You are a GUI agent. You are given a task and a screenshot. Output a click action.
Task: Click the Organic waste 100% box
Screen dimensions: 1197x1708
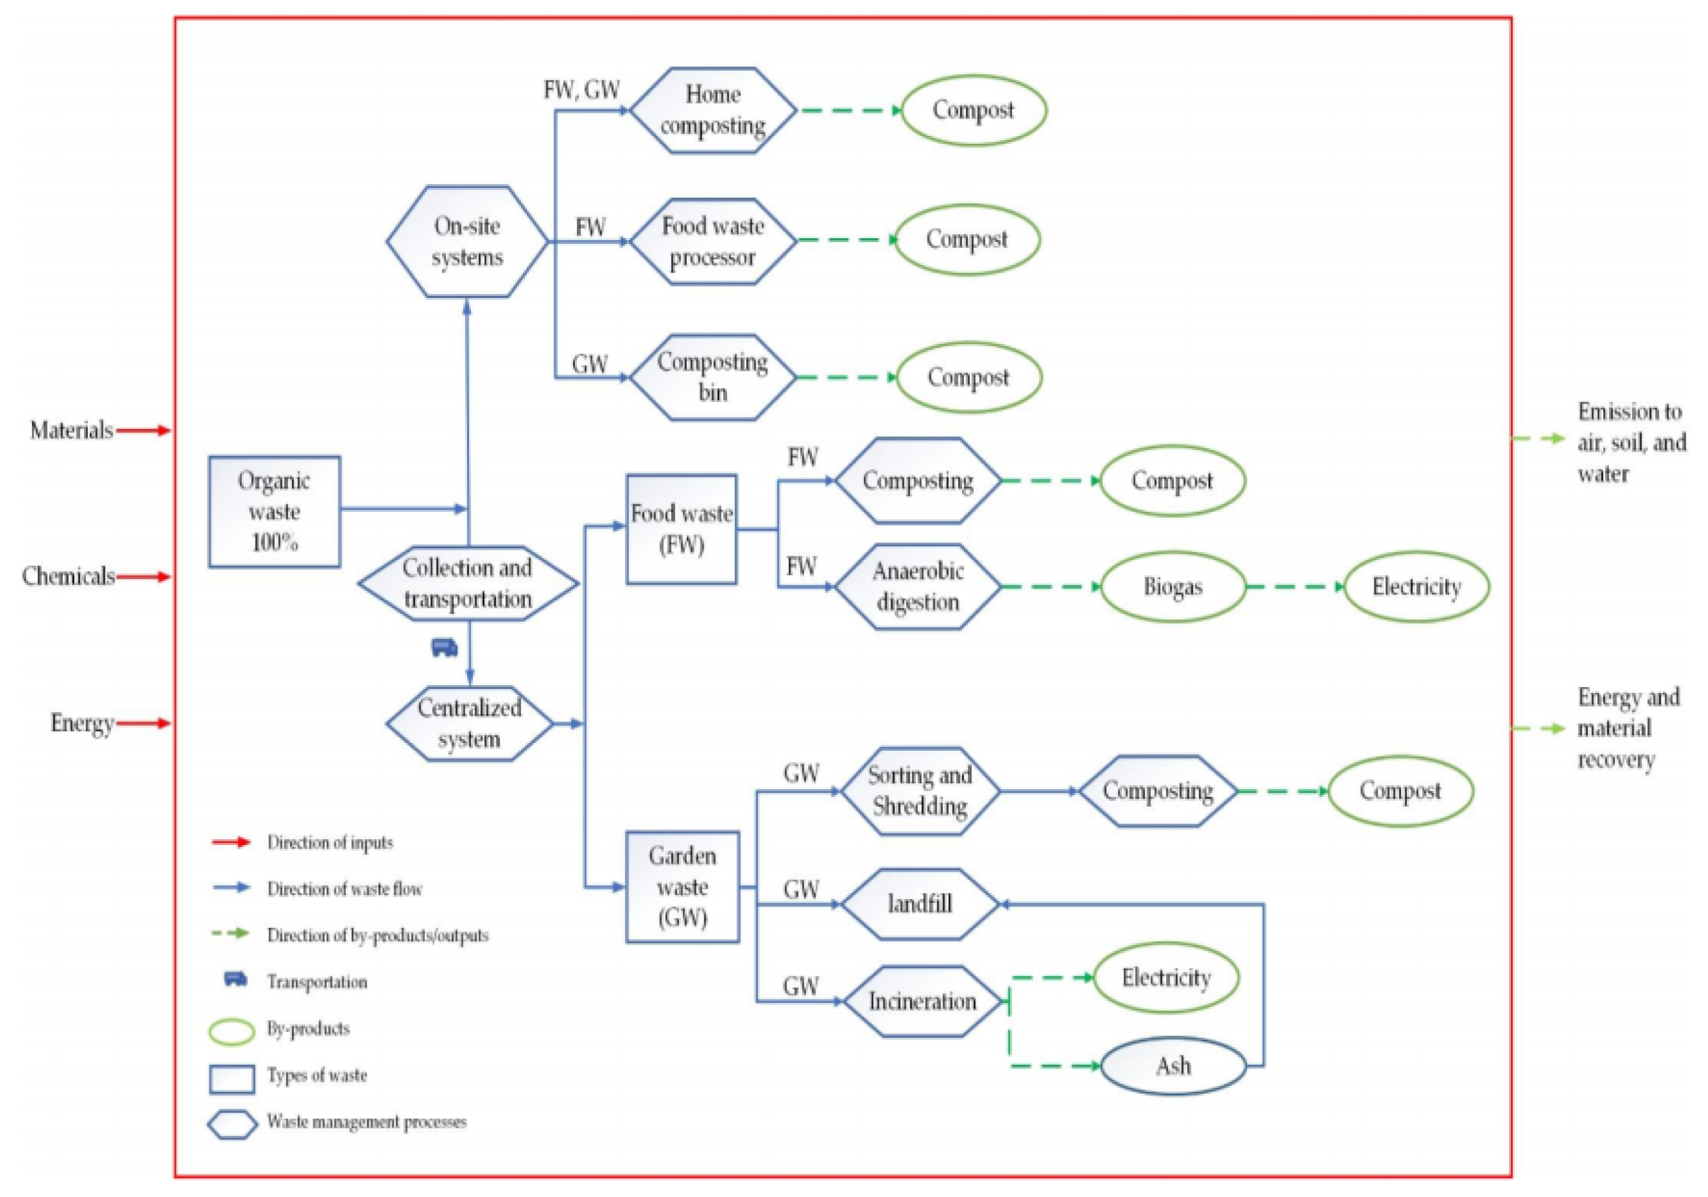[274, 512]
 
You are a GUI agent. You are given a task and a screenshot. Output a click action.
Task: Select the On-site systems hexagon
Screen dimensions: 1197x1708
[467, 242]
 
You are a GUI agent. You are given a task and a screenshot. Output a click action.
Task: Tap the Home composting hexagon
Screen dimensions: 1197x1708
[713, 111]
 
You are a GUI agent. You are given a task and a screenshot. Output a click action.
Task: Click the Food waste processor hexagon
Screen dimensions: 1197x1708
[713, 242]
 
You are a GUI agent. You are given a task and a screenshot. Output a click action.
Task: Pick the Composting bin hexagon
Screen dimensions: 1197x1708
[713, 377]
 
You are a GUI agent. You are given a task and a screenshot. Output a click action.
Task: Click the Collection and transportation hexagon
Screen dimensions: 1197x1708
[468, 584]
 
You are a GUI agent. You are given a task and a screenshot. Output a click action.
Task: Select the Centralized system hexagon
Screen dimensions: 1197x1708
[469, 723]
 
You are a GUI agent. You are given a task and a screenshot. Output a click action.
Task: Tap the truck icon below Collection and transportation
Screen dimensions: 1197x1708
[444, 647]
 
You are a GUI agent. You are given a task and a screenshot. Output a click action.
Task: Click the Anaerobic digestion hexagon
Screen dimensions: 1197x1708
[917, 587]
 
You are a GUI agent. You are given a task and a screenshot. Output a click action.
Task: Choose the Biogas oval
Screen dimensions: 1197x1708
[1173, 587]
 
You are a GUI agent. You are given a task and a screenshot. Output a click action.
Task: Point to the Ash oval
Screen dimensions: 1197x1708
[1173, 1066]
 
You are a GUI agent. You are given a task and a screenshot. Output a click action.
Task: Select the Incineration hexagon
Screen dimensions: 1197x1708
[922, 1001]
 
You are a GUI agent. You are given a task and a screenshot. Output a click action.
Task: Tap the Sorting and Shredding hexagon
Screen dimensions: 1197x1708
[920, 791]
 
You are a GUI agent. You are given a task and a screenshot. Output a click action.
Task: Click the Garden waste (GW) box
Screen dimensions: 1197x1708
[682, 887]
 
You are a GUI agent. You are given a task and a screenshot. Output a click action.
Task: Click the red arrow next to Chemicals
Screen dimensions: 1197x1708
[143, 576]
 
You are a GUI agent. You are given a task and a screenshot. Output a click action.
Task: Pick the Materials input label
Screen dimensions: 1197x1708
[72, 430]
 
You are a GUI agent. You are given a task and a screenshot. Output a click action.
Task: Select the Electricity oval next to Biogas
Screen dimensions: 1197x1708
[1417, 587]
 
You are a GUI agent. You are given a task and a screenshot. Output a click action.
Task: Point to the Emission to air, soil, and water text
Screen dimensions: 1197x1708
[1631, 442]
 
